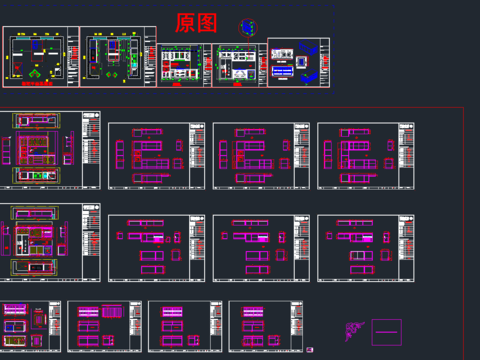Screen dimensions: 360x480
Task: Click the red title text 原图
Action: coord(195,23)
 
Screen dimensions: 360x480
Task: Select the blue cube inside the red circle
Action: coord(247,27)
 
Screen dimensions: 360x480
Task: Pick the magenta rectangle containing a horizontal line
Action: coord(386,330)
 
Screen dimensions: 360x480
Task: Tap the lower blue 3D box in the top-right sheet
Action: coord(310,75)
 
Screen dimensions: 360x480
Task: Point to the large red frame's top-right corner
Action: coord(462,105)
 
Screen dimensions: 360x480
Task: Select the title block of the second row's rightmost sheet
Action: coord(405,156)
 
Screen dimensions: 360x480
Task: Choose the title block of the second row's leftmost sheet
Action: coord(93,150)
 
